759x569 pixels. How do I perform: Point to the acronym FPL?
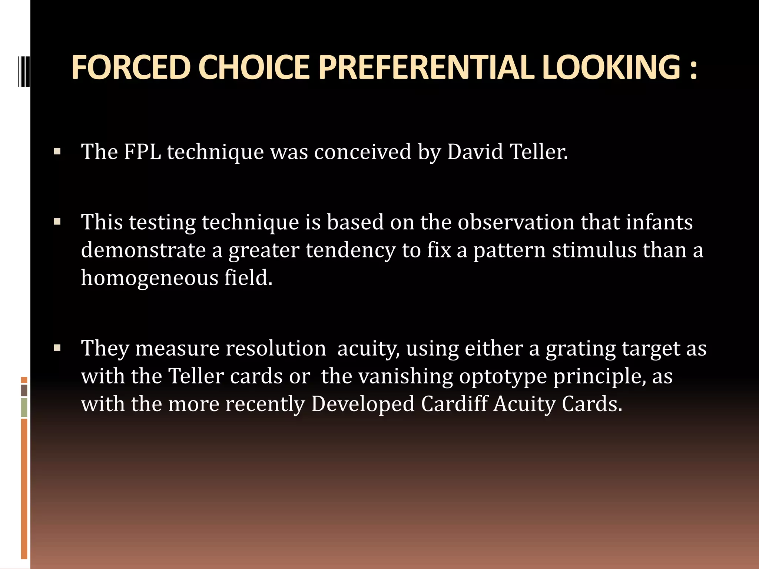[x=142, y=152]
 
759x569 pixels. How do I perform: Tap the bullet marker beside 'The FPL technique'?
[x=57, y=152]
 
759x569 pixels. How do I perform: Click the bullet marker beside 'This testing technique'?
[x=57, y=222]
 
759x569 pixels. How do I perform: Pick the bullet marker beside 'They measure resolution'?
[x=57, y=348]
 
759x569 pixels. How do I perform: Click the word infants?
[x=659, y=222]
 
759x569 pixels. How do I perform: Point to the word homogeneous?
[x=149, y=278]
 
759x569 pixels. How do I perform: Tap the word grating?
[x=580, y=349]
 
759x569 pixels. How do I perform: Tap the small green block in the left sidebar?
[x=24, y=407]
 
